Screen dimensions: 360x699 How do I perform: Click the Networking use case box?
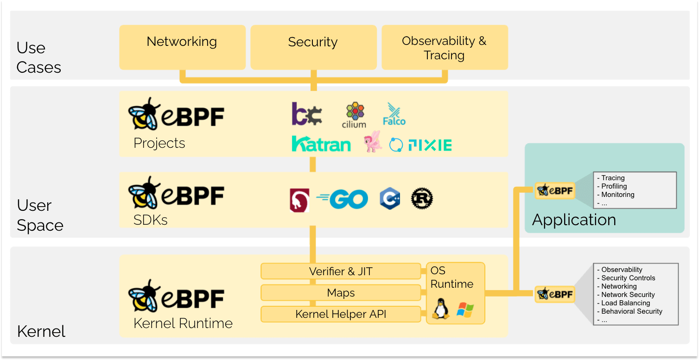tap(182, 47)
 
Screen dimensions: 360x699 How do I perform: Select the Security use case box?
tap(313, 47)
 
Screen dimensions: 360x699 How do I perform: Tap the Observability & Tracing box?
tap(444, 47)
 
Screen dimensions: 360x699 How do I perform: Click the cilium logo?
tap(354, 116)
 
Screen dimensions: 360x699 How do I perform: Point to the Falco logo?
tap(394, 114)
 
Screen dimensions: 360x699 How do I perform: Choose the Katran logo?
tap(321, 144)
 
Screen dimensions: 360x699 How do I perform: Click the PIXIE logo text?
tap(430, 145)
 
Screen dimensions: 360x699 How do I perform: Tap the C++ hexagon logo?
tap(389, 199)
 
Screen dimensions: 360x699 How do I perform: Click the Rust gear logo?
tap(422, 199)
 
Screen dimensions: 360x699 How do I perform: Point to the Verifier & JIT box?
tap(341, 272)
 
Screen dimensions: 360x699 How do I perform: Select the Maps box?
tap(341, 293)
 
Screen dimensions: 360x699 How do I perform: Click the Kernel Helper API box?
tap(341, 315)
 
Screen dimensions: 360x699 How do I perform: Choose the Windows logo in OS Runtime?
tap(465, 309)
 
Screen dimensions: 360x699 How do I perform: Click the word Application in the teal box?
tap(574, 220)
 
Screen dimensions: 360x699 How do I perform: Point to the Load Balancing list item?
tap(625, 303)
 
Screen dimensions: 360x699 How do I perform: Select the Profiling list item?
tap(614, 186)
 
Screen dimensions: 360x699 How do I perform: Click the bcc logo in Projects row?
tap(307, 114)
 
